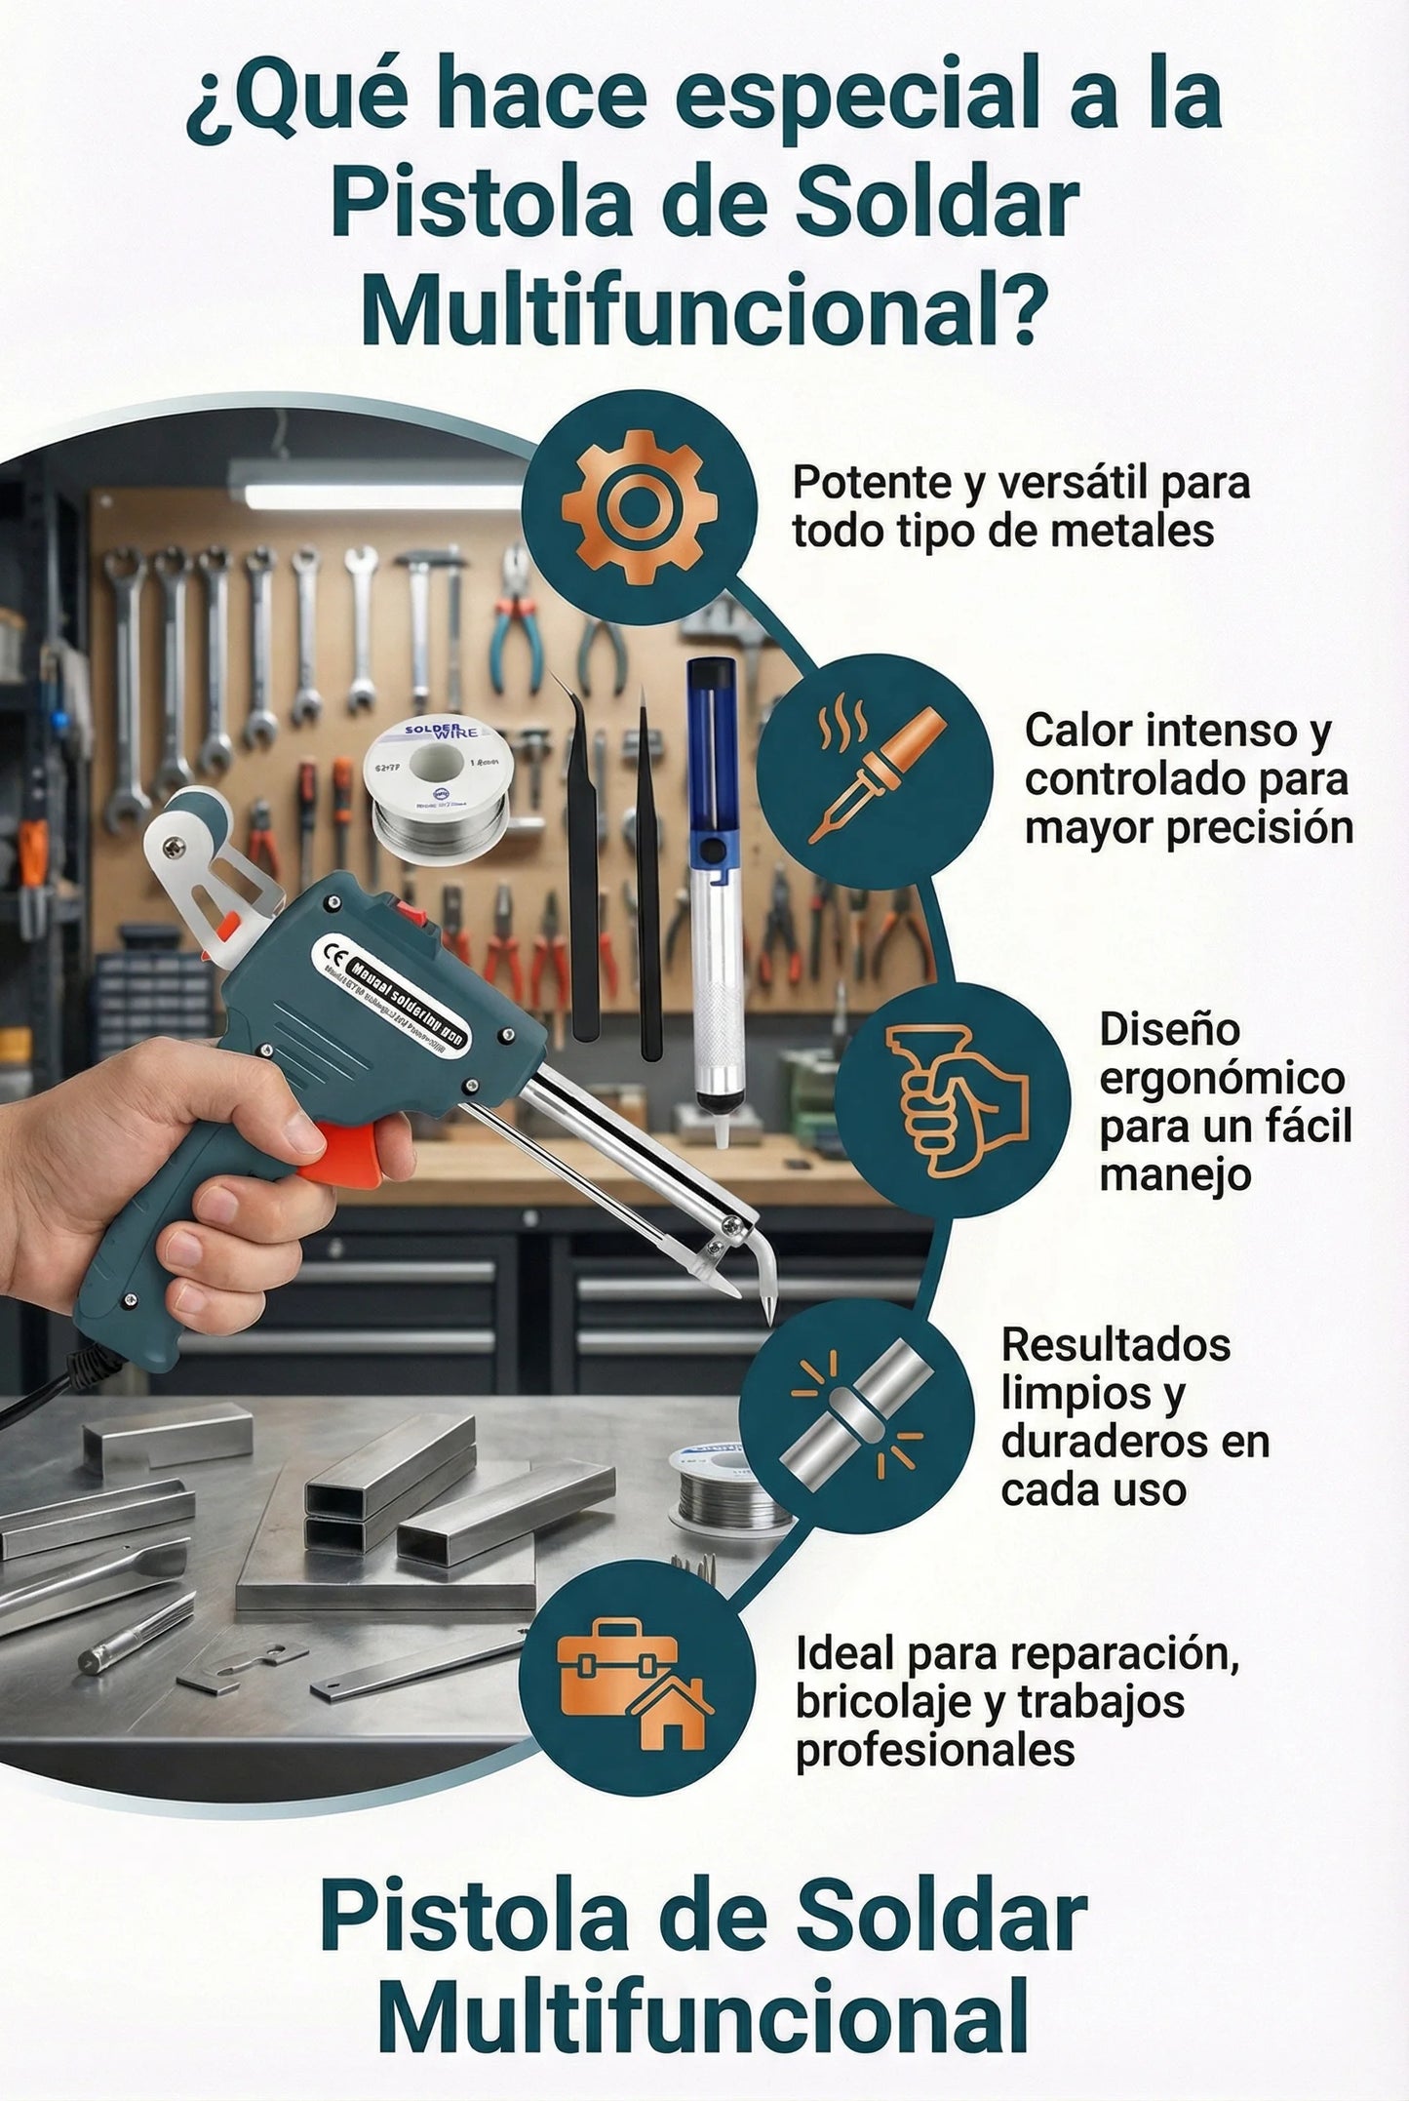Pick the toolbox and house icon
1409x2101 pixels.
pyautogui.click(x=635, y=1678)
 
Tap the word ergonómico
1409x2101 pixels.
pyautogui.click(x=1221, y=1078)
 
